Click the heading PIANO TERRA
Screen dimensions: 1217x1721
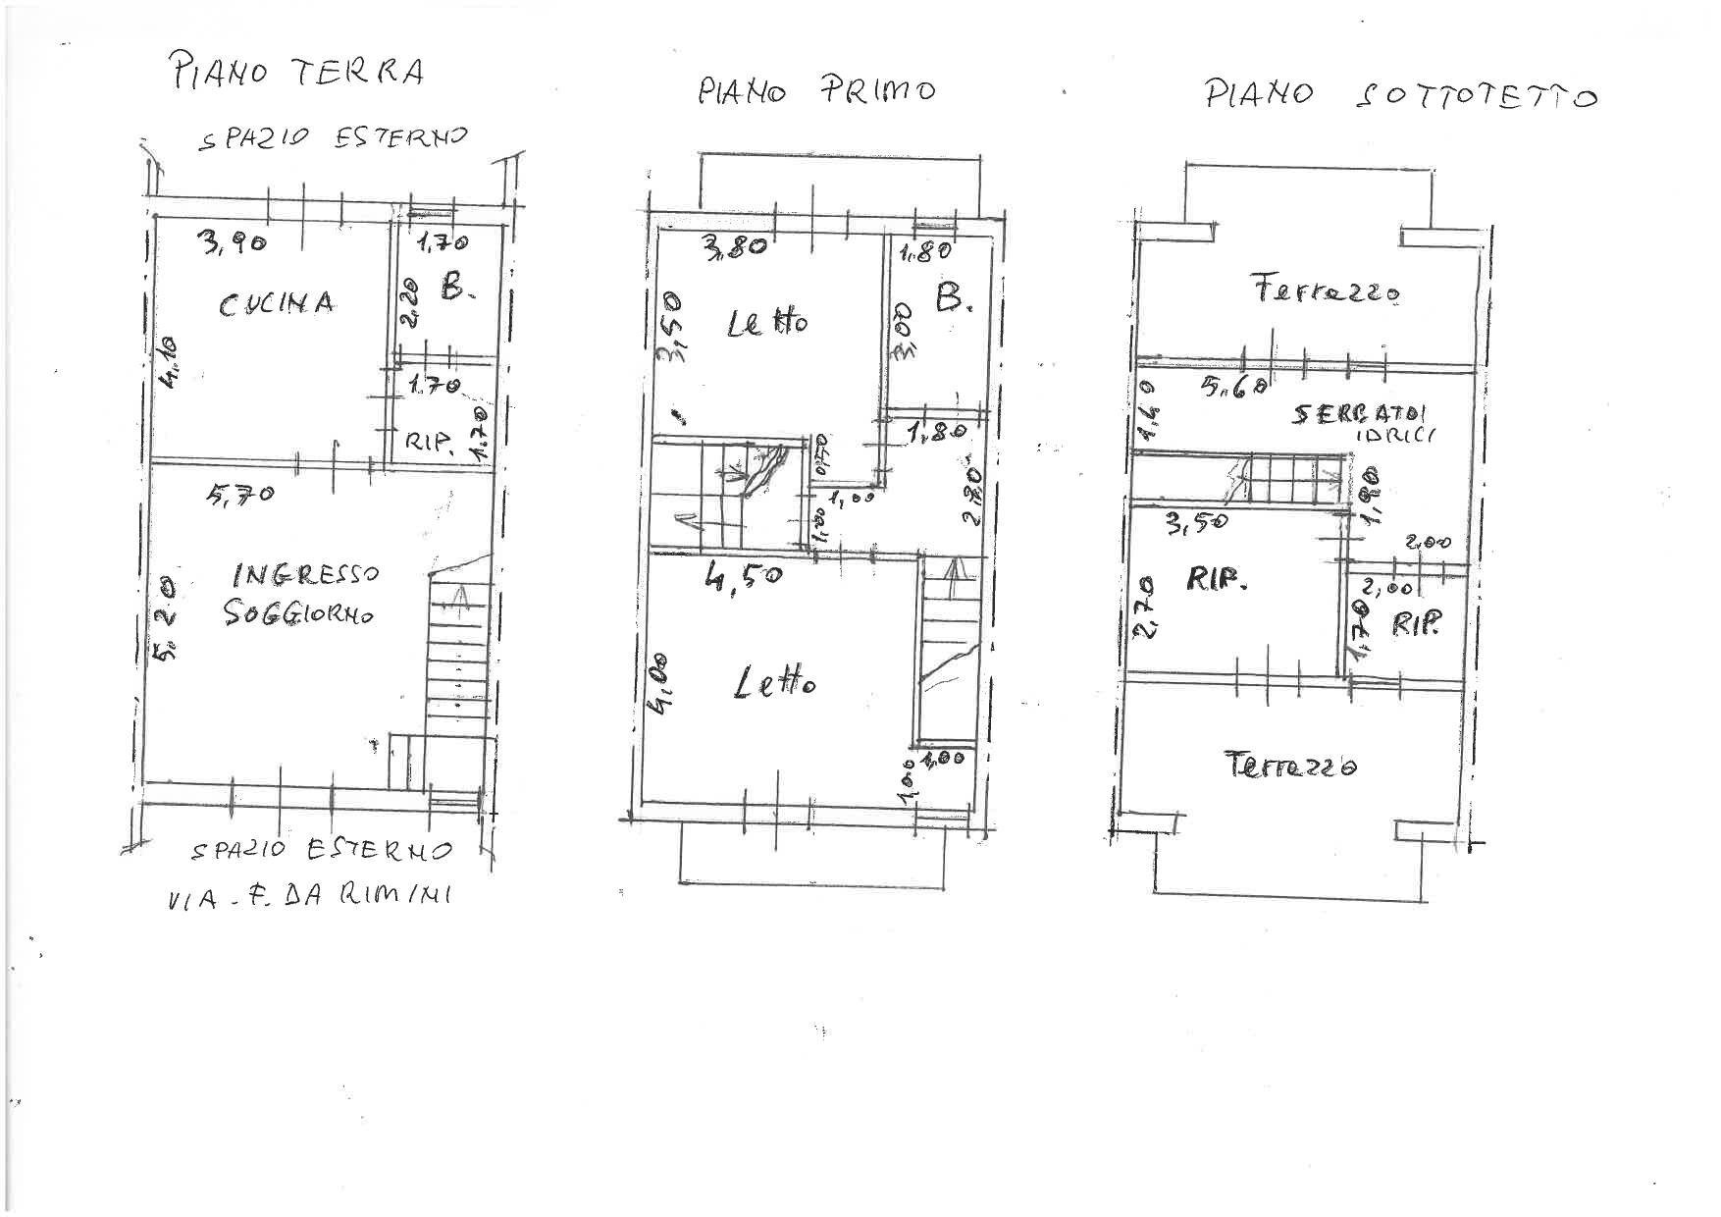(x=297, y=73)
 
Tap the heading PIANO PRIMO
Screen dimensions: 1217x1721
(x=816, y=91)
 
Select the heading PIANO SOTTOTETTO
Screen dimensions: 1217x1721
(x=1401, y=95)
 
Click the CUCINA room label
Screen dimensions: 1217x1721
(x=276, y=304)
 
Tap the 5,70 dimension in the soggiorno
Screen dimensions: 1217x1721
(x=239, y=495)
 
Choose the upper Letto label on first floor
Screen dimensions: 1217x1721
(x=767, y=323)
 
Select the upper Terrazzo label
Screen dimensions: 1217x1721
(x=1325, y=291)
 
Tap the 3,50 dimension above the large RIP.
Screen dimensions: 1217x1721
(x=1195, y=522)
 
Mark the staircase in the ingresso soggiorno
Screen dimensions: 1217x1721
(x=457, y=658)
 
